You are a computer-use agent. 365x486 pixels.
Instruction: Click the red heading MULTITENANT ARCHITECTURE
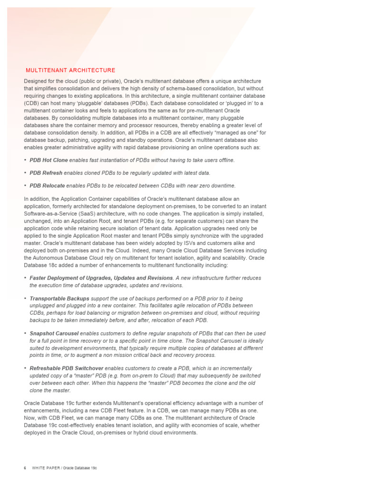[70, 70]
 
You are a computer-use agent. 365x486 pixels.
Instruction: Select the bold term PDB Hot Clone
[48, 160]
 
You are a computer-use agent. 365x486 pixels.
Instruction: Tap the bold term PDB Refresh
[46, 173]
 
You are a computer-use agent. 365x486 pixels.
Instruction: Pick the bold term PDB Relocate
[48, 186]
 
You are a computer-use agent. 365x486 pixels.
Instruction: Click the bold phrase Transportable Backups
[59, 299]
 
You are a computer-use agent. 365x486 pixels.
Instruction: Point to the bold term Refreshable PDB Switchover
[67, 368]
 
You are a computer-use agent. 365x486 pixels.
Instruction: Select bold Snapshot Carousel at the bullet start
[54, 334]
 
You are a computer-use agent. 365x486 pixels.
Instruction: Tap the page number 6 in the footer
[25, 468]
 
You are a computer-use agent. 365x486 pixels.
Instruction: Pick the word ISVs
[182, 243]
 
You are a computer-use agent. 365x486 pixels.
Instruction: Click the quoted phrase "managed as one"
[231, 133]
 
